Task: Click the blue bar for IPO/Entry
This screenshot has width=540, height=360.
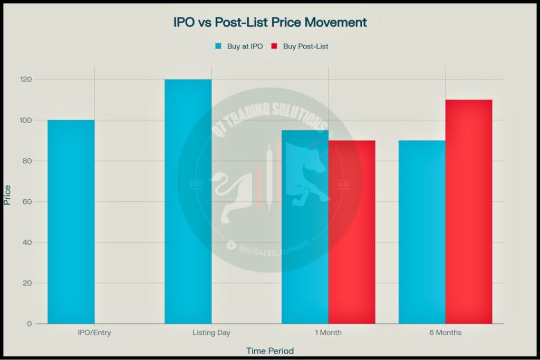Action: pos(71,221)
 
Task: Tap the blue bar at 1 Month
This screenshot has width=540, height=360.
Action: pos(305,227)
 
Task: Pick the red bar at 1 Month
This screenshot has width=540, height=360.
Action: pos(352,232)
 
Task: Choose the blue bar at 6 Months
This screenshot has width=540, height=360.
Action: pos(422,232)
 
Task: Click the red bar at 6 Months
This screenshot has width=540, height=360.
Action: pos(469,211)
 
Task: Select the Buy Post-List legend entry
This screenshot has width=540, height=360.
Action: pos(300,46)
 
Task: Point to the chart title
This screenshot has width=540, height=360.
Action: pos(270,23)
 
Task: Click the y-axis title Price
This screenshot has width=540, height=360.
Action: pos(7,195)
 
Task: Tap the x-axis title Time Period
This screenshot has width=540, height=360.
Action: pos(269,351)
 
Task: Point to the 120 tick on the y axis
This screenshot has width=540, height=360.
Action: pos(26,80)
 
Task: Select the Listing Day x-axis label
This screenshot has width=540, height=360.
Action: pos(211,333)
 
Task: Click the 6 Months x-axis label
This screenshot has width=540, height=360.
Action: pos(445,333)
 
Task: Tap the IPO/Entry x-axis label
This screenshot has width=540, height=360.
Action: pos(94,333)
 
